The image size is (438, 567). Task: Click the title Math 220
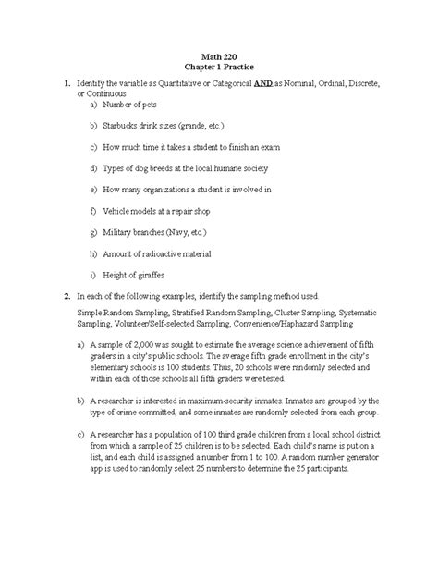coord(219,56)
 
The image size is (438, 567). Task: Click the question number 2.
coord(56,296)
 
